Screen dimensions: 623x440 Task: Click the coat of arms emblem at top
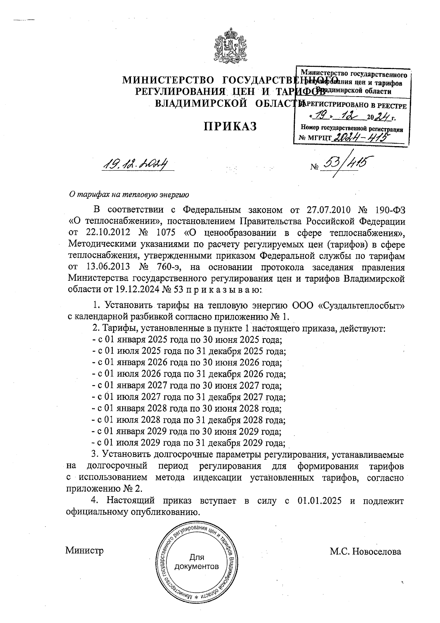click(230, 47)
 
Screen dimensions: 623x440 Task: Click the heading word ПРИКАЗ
click(230, 126)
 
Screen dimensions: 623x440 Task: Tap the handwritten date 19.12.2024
click(135, 164)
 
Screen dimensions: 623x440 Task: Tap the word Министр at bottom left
click(84, 551)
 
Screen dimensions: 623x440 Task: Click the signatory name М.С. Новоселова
click(365, 551)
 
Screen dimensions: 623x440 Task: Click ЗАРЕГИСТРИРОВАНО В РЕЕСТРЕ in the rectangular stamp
click(353, 106)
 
